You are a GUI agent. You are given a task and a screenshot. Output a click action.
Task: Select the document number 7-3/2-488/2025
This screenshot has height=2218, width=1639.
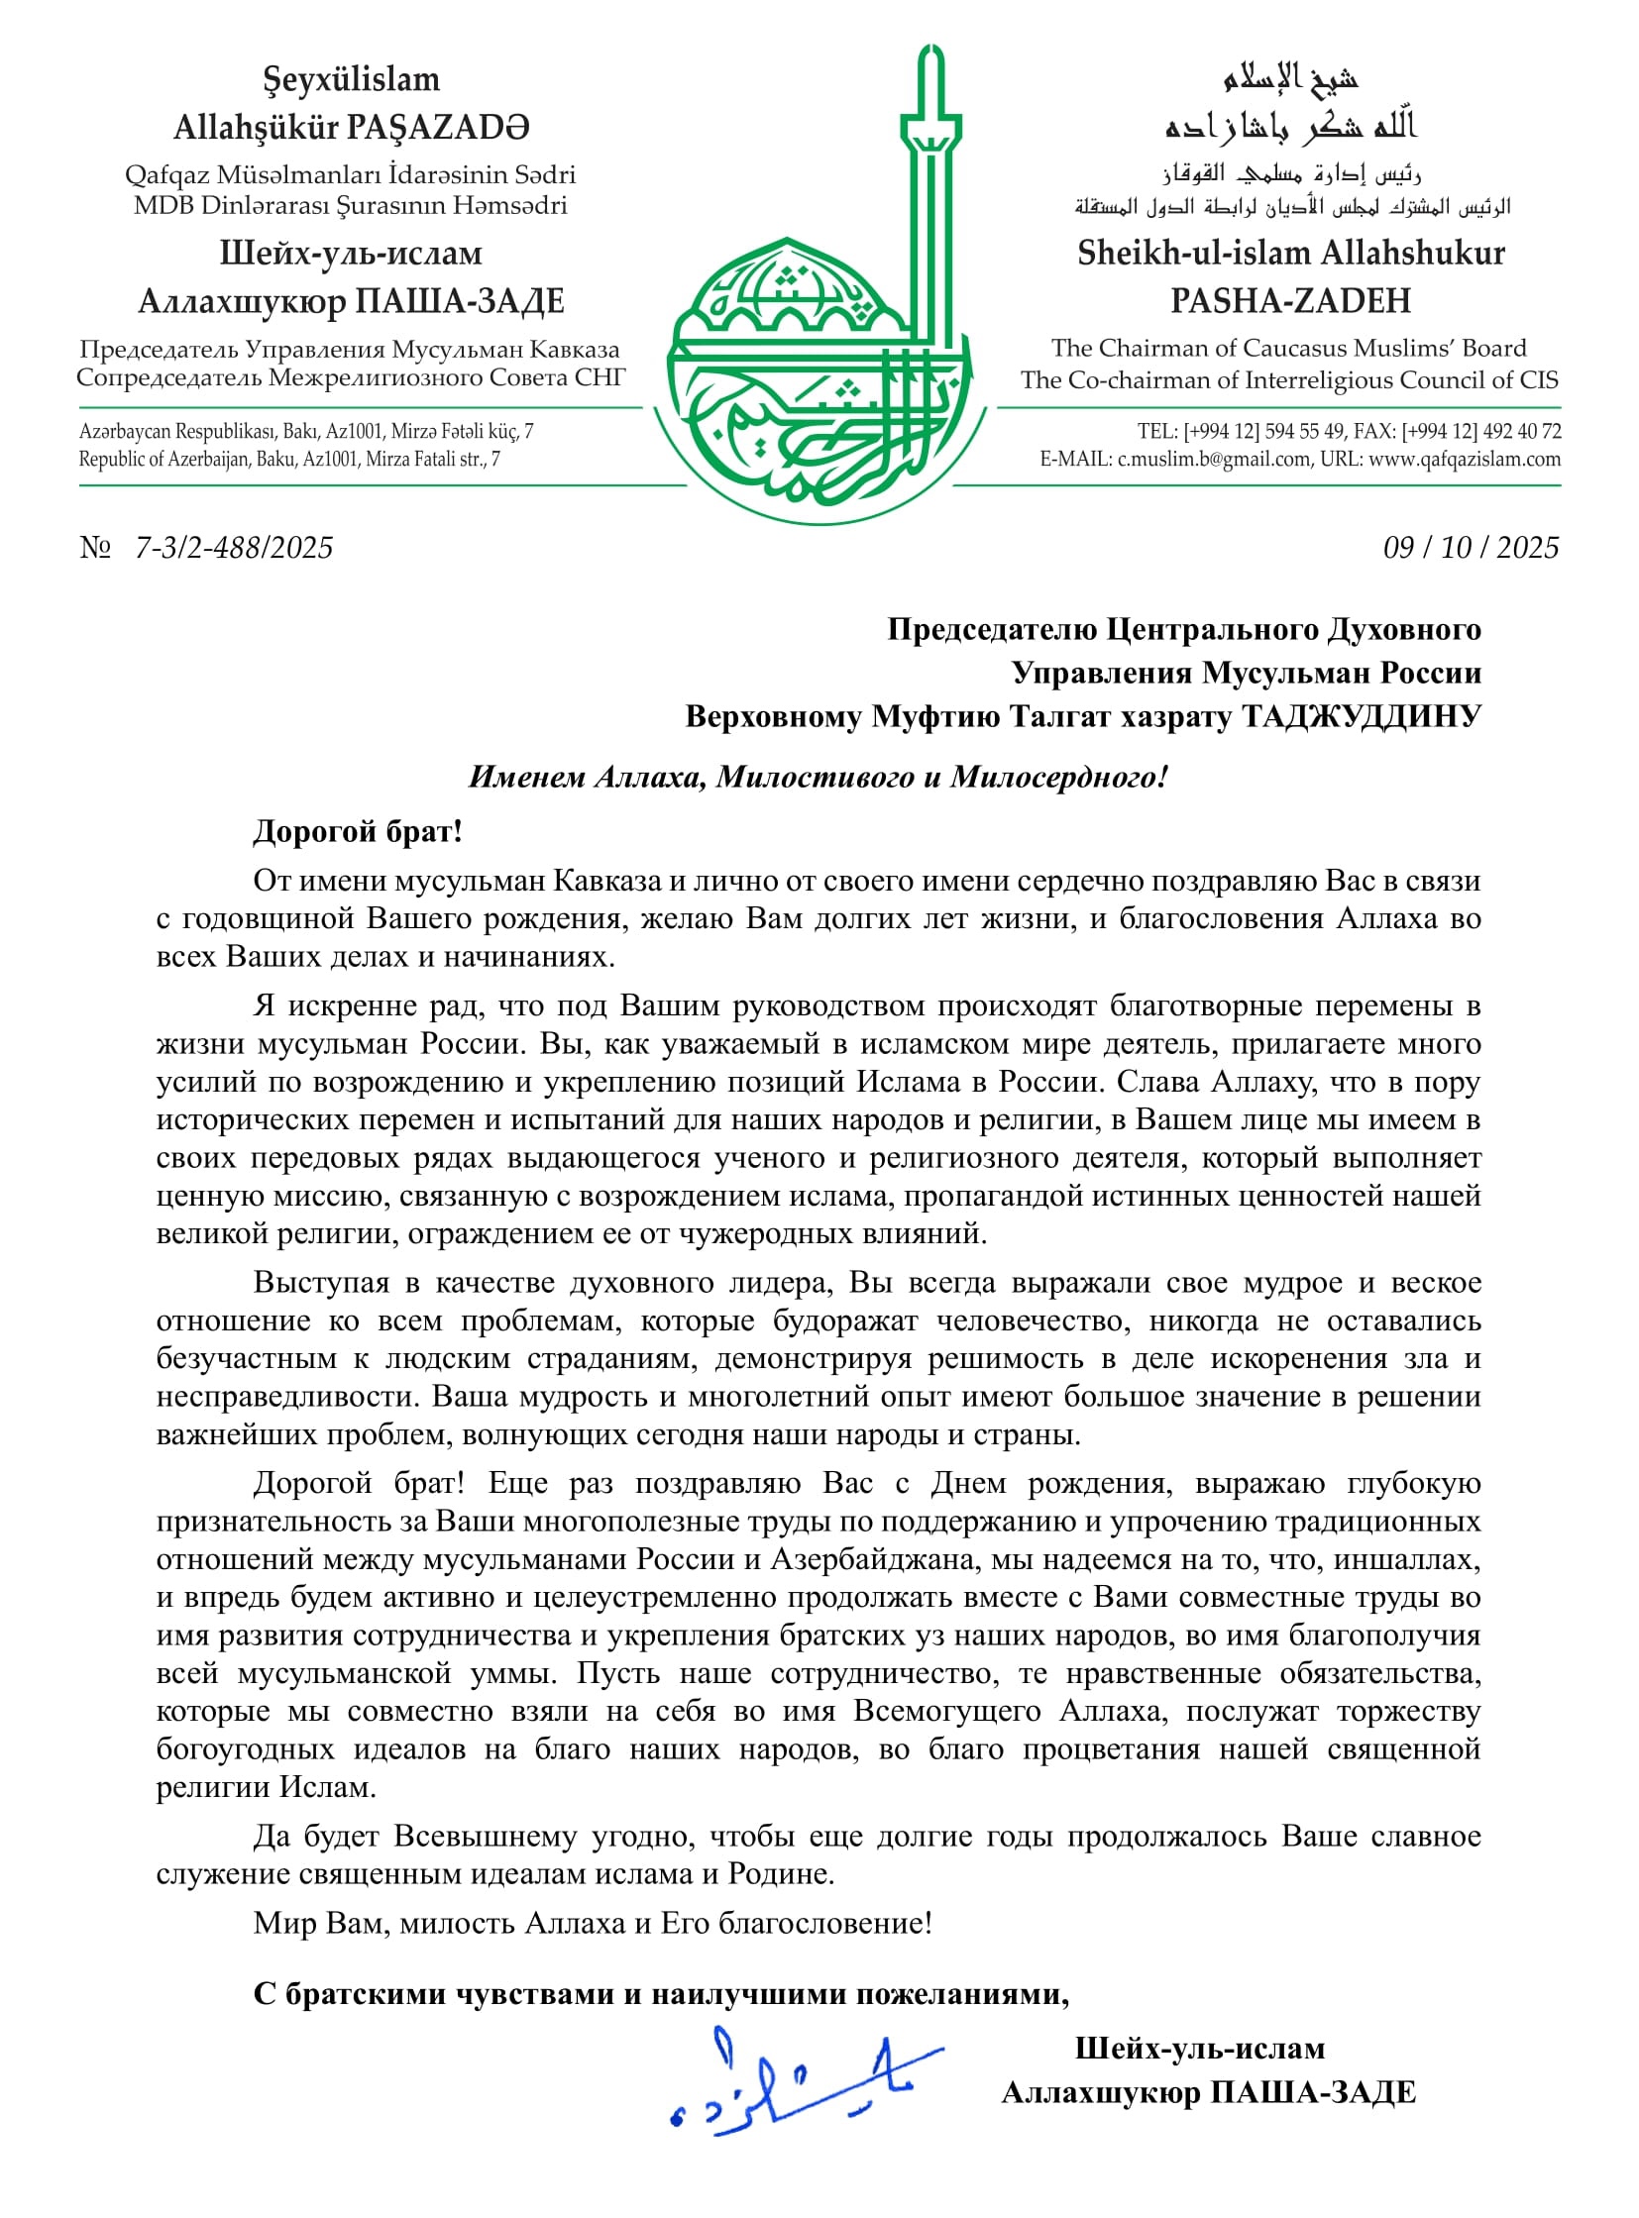click(x=234, y=548)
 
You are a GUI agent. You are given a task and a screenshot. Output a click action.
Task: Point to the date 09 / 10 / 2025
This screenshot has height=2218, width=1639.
click(x=1471, y=548)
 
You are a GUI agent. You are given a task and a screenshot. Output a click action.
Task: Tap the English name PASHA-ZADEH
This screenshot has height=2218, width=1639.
click(x=1290, y=300)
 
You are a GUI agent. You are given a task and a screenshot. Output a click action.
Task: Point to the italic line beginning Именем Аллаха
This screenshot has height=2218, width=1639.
click(x=819, y=777)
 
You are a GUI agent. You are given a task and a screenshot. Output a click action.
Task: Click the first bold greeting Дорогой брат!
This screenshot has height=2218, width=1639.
click(x=357, y=830)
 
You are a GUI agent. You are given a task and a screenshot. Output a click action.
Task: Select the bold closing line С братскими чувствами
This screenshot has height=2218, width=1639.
click(x=661, y=1993)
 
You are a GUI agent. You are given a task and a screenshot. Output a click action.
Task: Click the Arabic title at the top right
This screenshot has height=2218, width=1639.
click(x=1290, y=77)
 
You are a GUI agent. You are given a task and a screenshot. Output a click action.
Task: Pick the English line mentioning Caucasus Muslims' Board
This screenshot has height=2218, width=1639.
click(x=1288, y=348)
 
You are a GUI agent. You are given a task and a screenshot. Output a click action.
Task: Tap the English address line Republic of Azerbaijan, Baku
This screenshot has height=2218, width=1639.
click(x=289, y=460)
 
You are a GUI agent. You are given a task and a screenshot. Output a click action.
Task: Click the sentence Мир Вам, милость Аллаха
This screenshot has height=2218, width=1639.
click(x=593, y=1923)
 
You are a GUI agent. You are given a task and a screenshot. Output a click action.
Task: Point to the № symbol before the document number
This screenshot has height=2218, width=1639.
click(x=95, y=548)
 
